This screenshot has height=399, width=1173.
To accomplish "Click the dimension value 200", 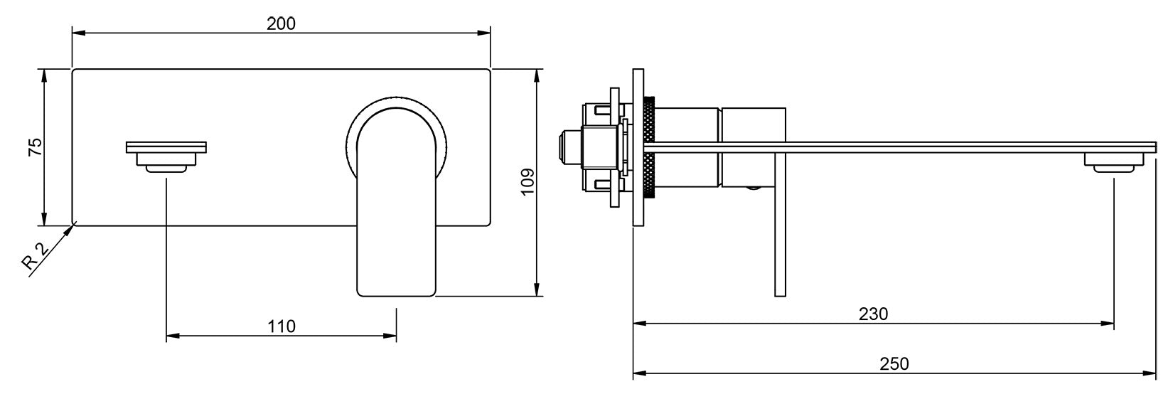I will pyautogui.click(x=281, y=23).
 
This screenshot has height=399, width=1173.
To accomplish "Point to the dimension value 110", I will pyautogui.click(x=282, y=326).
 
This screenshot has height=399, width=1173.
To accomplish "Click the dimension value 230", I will pyautogui.click(x=873, y=314).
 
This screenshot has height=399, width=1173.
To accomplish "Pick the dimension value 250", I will pyautogui.click(x=894, y=363).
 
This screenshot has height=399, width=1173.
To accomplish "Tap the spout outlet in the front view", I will pyautogui.click(x=166, y=158).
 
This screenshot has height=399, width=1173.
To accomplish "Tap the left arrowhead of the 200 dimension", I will pyautogui.click(x=77, y=33).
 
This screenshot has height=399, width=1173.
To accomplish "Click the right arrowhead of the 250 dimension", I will pyautogui.click(x=1150, y=372).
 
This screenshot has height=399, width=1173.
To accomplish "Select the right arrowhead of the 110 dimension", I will pyautogui.click(x=392, y=335).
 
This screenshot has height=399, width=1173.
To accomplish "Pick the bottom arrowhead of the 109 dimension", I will pyautogui.click(x=538, y=291).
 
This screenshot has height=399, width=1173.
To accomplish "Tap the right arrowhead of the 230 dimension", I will pyautogui.click(x=1109, y=324).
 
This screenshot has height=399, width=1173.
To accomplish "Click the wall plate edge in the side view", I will pyautogui.click(x=638, y=147).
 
